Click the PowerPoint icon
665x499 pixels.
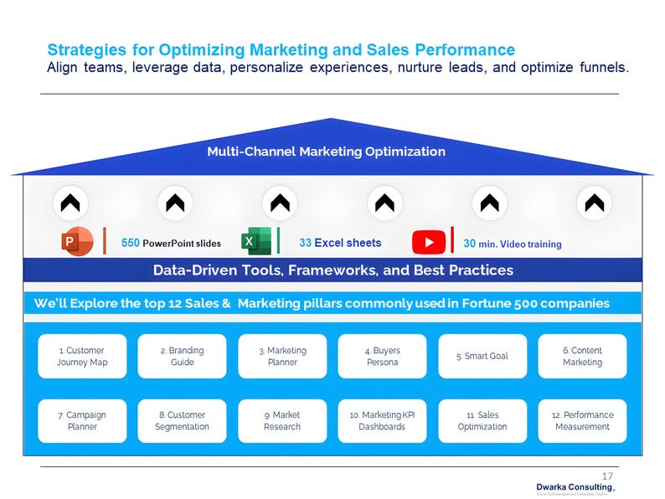tap(76, 242)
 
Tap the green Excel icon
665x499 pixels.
tap(255, 241)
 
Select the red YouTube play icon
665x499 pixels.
tap(429, 242)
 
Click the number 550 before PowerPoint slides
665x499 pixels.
tap(131, 244)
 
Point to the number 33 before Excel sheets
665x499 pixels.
tap(305, 243)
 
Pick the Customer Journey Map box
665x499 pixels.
tap(82, 357)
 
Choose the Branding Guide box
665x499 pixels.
tap(183, 357)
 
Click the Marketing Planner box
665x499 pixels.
tap(282, 357)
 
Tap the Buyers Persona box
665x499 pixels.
tap(382, 357)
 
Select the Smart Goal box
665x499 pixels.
tap(482, 357)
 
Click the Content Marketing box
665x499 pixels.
tap(582, 357)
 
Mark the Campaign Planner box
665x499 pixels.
tap(82, 420)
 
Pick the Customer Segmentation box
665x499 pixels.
tap(183, 420)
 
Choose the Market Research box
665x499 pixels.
tap(282, 420)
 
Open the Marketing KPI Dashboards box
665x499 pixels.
tap(382, 420)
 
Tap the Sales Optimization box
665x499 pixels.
tap(482, 420)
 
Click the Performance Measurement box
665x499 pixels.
tap(582, 420)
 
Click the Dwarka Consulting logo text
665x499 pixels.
tap(574, 486)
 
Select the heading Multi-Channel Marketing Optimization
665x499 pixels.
tap(326, 152)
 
